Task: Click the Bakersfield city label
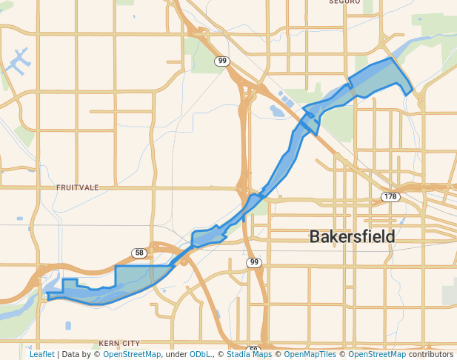[352, 237]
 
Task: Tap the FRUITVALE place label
[77, 188]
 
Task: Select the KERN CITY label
[119, 344]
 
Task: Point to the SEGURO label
[344, 2]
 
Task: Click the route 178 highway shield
[390, 197]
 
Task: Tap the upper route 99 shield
[221, 61]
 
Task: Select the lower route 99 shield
[254, 263]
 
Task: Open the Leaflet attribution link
[41, 354]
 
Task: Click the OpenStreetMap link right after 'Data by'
[131, 354]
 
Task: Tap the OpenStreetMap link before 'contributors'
[377, 354]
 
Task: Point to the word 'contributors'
[430, 354]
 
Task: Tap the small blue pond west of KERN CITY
[68, 325]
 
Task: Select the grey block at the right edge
[450, 295]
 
